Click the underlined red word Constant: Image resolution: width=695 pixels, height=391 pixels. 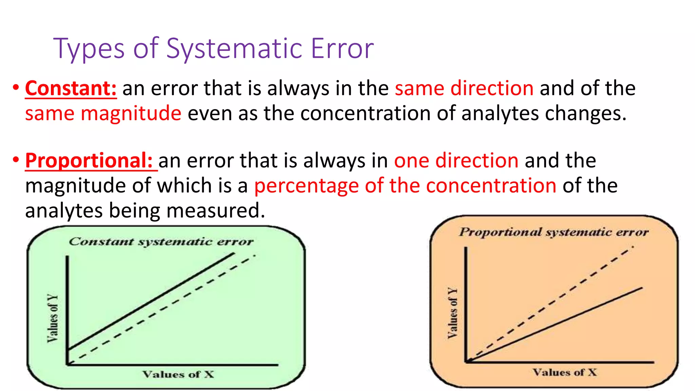(x=71, y=89)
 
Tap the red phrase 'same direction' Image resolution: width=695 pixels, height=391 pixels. (x=464, y=89)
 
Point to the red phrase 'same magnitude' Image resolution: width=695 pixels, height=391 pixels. (x=103, y=113)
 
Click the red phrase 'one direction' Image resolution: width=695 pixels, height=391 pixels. (x=456, y=161)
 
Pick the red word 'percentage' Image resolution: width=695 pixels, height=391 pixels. (x=306, y=186)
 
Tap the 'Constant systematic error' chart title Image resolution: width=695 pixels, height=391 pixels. (x=161, y=242)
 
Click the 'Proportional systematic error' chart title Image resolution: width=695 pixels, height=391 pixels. (x=554, y=232)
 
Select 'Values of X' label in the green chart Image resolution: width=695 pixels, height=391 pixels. (x=178, y=374)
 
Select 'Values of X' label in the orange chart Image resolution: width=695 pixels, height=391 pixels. (x=565, y=372)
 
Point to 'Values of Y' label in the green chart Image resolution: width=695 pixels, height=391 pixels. (x=53, y=318)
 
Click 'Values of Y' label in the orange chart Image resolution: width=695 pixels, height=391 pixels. (x=452, y=313)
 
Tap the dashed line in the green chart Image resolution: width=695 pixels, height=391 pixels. (x=170, y=305)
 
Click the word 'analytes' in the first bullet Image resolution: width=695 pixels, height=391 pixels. (x=500, y=113)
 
